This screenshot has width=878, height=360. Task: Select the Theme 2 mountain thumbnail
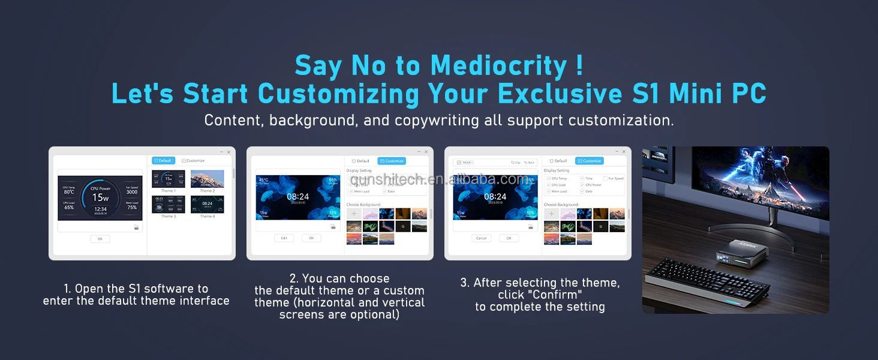[x=207, y=179]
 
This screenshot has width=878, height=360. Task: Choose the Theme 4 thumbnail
[x=207, y=204]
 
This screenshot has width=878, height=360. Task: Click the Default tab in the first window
[x=163, y=161]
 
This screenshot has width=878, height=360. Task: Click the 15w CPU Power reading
[x=100, y=197]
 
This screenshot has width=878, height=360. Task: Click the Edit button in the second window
[x=284, y=238]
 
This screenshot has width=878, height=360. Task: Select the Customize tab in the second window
[x=392, y=161]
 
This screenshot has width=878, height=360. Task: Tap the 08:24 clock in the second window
[x=297, y=197]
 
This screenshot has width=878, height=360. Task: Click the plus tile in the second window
[x=354, y=214]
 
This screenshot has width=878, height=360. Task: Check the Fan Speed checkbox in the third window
[x=606, y=178]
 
